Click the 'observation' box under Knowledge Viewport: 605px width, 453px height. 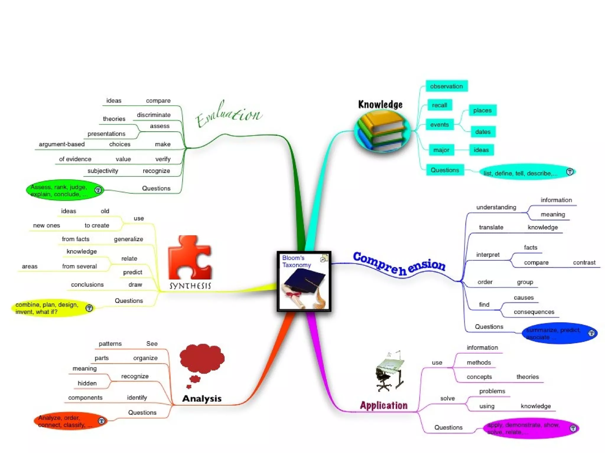pyautogui.click(x=446, y=86)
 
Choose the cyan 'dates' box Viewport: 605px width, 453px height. pyautogui.click(x=483, y=132)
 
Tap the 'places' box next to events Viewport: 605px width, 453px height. pyautogui.click(x=482, y=110)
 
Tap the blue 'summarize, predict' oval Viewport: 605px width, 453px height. pyautogui.click(x=559, y=334)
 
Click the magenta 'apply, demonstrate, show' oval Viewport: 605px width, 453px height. pyautogui.click(x=530, y=429)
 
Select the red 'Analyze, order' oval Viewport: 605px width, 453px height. pyautogui.click(x=70, y=421)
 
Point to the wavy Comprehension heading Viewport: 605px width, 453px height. pyautogui.click(x=399, y=264)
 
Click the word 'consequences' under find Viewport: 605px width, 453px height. pyautogui.click(x=534, y=312)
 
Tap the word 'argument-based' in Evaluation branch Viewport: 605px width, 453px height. pyautogui.click(x=62, y=144)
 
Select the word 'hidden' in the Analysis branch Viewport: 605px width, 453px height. pyautogui.click(x=87, y=383)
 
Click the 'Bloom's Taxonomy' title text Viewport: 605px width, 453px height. pyautogui.click(x=296, y=261)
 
